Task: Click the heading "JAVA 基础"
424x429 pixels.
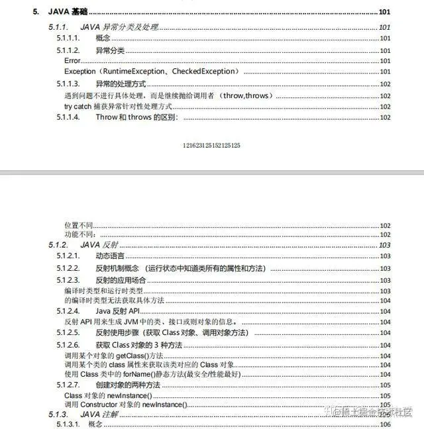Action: pos(69,13)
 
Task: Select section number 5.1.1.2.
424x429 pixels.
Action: pos(68,50)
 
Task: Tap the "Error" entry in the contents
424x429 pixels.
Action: pos(72,61)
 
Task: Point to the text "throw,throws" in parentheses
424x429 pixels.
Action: pos(246,95)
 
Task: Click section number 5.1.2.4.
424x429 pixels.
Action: pos(68,310)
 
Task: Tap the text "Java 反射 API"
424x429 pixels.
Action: pos(118,310)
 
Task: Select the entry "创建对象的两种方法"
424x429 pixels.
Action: pos(128,385)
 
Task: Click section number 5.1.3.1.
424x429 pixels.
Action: pos(68,424)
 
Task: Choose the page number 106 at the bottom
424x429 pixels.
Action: pos(385,424)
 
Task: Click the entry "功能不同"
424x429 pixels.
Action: pos(79,234)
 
